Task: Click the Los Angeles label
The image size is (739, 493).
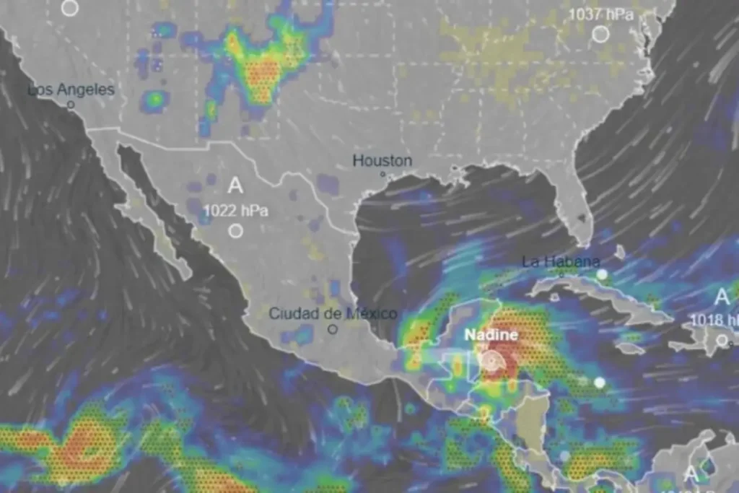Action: click(x=71, y=90)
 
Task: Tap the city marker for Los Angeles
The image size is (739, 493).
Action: click(x=71, y=105)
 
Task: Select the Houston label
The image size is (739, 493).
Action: click(x=382, y=161)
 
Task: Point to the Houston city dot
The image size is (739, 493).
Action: click(x=383, y=174)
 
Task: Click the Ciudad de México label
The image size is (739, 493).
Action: click(x=333, y=314)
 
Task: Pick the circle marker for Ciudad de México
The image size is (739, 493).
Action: click(x=333, y=329)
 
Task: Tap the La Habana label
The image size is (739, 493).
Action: click(x=561, y=261)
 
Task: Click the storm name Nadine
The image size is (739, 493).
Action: click(x=491, y=335)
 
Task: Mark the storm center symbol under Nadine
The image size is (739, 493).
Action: click(x=492, y=359)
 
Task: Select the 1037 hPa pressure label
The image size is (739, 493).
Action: click(x=600, y=14)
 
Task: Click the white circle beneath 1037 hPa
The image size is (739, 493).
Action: click(x=600, y=33)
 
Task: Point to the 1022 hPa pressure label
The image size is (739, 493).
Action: click(x=236, y=211)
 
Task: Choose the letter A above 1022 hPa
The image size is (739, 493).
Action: click(x=235, y=186)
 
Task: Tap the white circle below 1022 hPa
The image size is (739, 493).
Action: click(x=236, y=231)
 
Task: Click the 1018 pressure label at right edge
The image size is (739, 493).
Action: click(x=714, y=320)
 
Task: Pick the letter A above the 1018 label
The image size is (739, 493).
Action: click(x=722, y=297)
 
